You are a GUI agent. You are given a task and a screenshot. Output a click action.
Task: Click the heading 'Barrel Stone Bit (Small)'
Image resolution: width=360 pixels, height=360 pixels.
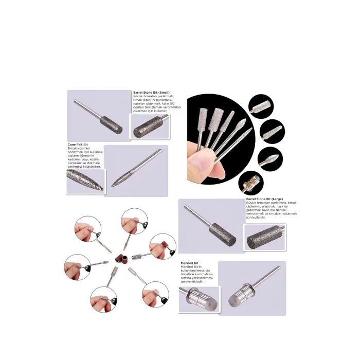151,93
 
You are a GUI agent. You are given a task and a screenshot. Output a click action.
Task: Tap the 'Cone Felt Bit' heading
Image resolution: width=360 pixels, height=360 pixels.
78,145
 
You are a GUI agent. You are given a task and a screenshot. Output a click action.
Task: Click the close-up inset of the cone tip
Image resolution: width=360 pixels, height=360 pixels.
85,181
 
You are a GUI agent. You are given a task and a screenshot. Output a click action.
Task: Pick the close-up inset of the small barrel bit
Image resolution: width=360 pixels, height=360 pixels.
150,126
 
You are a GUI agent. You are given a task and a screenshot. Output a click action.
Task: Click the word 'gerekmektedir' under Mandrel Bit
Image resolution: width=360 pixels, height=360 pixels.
192,282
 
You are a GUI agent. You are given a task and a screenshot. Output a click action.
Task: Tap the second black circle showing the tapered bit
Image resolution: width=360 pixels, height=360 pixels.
273,132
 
